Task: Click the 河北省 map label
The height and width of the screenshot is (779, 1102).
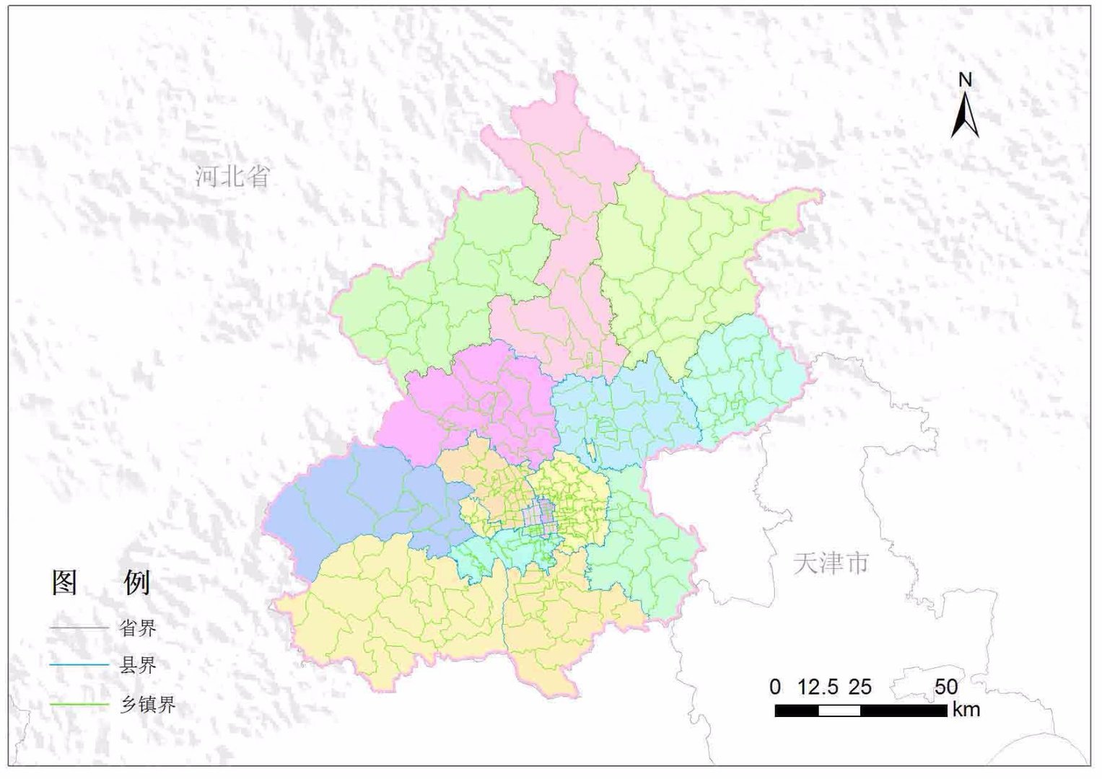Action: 232,176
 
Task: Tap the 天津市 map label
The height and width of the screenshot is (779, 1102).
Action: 831,563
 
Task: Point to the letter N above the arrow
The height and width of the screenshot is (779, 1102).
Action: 965,79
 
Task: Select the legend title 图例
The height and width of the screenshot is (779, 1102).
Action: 101,582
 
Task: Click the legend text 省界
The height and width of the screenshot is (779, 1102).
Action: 137,628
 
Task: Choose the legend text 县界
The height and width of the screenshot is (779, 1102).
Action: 137,665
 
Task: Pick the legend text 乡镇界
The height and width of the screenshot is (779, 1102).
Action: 147,704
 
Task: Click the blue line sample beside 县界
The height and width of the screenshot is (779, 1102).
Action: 79,666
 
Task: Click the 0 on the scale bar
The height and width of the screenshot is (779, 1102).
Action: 775,687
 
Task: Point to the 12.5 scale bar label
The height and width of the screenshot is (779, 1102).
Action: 818,687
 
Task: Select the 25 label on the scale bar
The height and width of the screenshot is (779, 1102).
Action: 860,687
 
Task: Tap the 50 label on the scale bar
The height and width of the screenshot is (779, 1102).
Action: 945,687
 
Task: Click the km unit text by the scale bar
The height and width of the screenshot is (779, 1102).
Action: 966,710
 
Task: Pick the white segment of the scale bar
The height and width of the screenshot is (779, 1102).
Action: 839,710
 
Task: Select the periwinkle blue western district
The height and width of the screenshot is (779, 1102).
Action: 346,505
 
